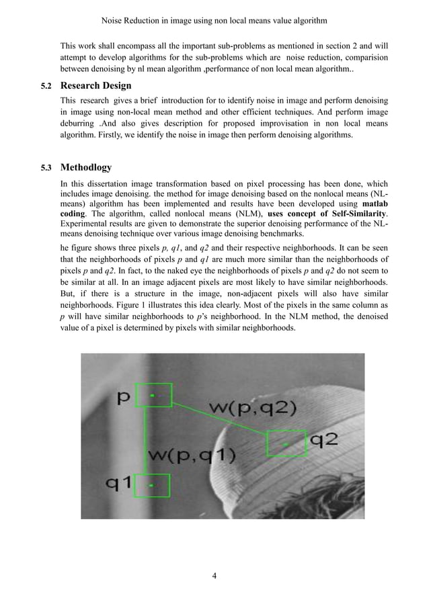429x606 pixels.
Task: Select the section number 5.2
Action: [x=46, y=86]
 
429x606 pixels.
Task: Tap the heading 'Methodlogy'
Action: [x=86, y=167]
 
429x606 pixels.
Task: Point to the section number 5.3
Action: [x=46, y=167]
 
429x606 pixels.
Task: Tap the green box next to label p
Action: [x=154, y=396]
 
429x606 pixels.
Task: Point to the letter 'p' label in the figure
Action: [x=124, y=398]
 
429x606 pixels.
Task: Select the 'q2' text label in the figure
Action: [x=323, y=441]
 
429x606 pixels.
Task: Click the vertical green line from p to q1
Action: [x=145, y=440]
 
